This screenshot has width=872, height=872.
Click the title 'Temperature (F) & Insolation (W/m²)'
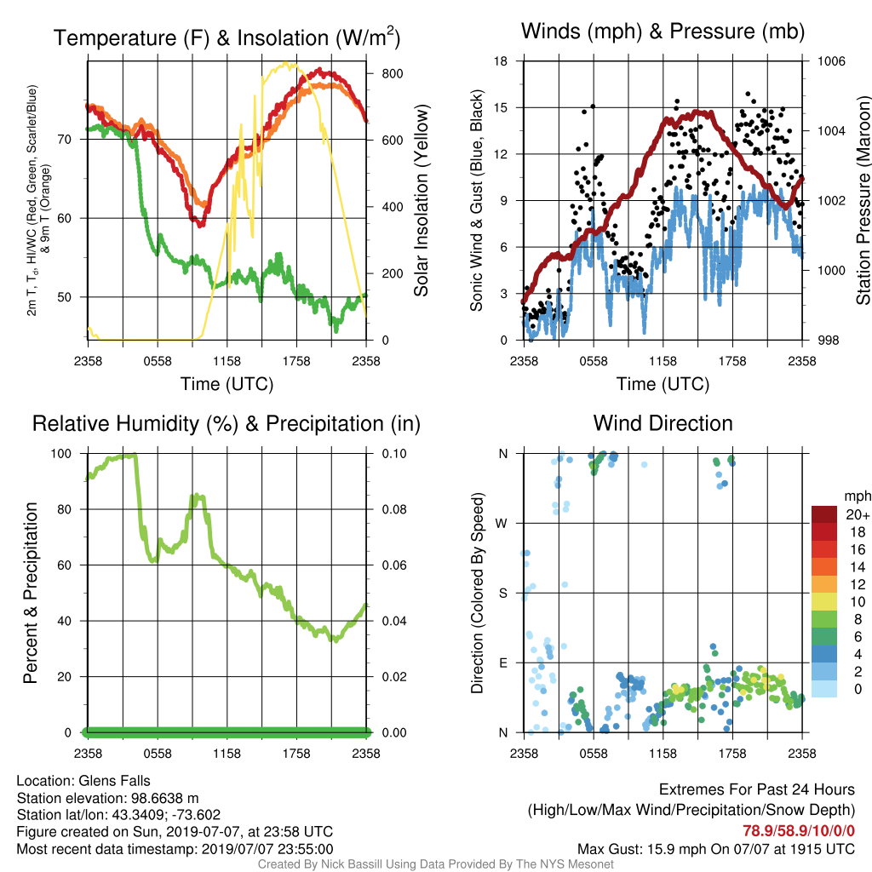227,37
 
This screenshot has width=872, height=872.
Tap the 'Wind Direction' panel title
663,423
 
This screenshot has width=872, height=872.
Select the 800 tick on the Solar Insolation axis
392,73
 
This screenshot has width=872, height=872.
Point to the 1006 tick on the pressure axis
831,61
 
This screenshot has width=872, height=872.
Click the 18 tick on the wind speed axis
501,61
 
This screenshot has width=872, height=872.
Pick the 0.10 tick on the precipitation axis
394,454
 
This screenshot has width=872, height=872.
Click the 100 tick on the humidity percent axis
61,454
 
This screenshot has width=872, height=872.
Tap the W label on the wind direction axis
502,524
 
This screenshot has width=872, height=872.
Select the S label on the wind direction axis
502,594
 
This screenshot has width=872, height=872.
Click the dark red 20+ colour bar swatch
824,514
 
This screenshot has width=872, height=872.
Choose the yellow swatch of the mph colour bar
824,602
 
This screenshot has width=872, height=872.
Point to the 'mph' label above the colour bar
857,496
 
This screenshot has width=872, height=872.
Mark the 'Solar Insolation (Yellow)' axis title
421,200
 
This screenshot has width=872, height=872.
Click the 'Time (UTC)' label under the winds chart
663,384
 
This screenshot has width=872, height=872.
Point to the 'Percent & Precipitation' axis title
31,593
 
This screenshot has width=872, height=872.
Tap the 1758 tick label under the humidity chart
296,754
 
